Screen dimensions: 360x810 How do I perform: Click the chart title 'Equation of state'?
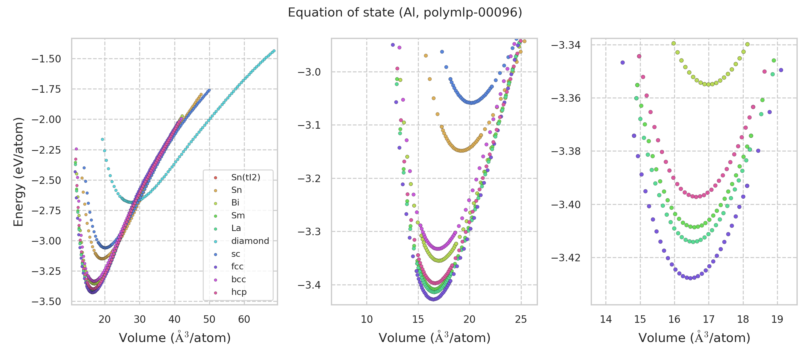point(405,13)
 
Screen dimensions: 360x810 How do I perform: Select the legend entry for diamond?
point(250,241)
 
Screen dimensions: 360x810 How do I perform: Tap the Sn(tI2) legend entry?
point(246,177)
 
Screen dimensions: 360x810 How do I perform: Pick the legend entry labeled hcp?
point(239,292)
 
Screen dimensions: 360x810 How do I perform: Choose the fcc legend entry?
point(237,266)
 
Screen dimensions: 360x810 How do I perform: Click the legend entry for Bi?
point(235,202)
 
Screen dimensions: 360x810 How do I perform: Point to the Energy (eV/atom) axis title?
point(18,172)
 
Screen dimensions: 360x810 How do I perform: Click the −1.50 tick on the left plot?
point(46,59)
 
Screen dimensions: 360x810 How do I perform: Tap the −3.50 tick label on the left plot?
point(46,301)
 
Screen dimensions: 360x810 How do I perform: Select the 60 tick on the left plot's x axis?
point(244,319)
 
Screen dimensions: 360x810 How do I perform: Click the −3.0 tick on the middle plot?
point(309,72)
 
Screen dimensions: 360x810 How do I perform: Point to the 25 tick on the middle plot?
point(521,319)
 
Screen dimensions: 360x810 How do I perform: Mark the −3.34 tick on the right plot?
point(566,45)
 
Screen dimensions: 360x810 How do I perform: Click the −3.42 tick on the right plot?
point(566,258)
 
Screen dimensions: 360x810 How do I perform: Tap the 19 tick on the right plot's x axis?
point(777,319)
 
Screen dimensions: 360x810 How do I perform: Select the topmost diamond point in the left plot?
point(274,51)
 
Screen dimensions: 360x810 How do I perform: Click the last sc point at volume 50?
point(209,90)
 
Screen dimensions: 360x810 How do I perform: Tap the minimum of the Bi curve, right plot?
point(708,84)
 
